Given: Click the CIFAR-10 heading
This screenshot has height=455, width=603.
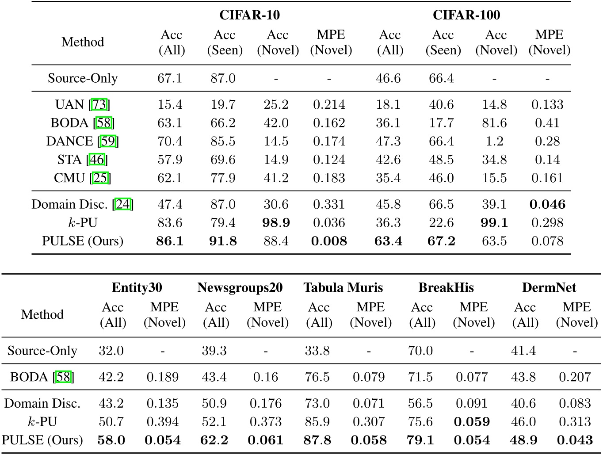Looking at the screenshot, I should pyautogui.click(x=249, y=15).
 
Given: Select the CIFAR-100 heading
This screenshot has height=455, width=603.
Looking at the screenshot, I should pyautogui.click(x=466, y=15).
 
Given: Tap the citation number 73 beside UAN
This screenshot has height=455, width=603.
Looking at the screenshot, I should pyautogui.click(x=99, y=105).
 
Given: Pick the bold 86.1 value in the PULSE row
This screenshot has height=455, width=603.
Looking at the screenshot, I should pyautogui.click(x=170, y=241).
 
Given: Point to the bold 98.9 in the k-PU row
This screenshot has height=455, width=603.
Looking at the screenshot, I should pyautogui.click(x=276, y=223).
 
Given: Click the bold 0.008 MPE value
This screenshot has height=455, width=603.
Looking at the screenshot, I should pyautogui.click(x=329, y=241).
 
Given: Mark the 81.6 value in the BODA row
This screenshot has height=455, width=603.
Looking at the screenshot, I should pyautogui.click(x=494, y=123).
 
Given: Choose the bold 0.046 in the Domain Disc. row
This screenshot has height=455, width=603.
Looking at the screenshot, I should pyautogui.click(x=547, y=204).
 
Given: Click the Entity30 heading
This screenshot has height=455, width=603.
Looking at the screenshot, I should pyautogui.click(x=137, y=288).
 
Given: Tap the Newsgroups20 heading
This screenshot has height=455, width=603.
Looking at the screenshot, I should pyautogui.click(x=240, y=288).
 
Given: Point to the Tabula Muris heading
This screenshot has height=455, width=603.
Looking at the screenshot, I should pyautogui.click(x=343, y=288).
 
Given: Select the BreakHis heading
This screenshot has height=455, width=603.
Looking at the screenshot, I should pyautogui.click(x=446, y=288).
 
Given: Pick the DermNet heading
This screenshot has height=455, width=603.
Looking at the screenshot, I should pyautogui.click(x=549, y=288).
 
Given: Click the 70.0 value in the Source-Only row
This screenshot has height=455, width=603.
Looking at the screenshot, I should pyautogui.click(x=420, y=351).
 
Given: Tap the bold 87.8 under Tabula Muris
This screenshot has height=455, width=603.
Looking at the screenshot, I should pyautogui.click(x=317, y=440).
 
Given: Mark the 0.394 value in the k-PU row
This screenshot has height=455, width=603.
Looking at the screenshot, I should pyautogui.click(x=163, y=422).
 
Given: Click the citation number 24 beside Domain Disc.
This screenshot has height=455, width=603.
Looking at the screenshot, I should pyautogui.click(x=123, y=204).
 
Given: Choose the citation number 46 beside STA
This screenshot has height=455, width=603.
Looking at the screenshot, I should pyautogui.click(x=97, y=160).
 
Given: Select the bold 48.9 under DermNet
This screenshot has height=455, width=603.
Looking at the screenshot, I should pyautogui.click(x=523, y=440).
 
